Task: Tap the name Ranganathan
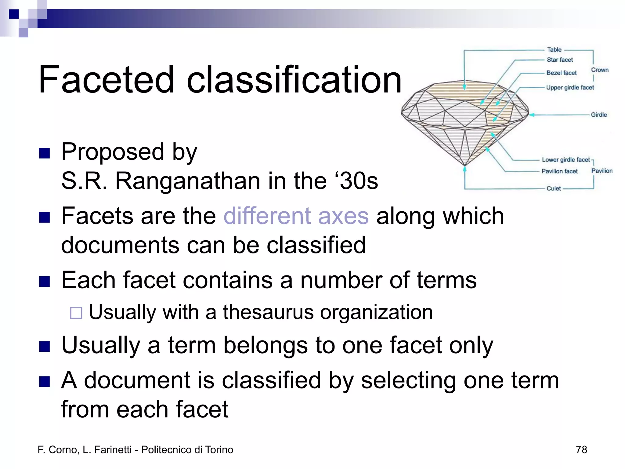[188, 181]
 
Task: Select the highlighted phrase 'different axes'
[296, 216]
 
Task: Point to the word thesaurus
[268, 312]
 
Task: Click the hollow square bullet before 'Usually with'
[76, 313]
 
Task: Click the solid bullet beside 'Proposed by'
[45, 153]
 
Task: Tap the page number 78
[581, 450]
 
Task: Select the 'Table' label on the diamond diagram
[554, 50]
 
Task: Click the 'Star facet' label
[560, 60]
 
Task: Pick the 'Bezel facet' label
[562, 73]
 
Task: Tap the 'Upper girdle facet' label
[570, 88]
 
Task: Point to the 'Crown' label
[600, 70]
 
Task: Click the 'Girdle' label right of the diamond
[599, 115]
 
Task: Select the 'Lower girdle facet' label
[565, 160]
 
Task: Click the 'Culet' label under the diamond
[554, 188]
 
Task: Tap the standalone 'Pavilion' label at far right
[602, 171]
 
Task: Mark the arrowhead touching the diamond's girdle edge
[531, 115]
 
